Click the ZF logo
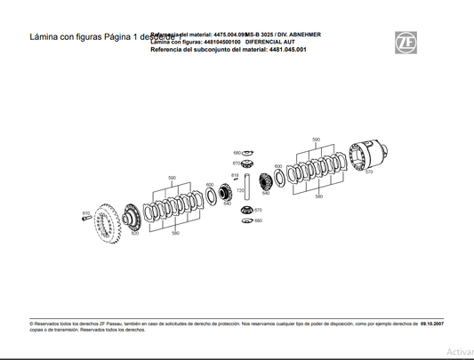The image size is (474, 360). [x=406, y=41]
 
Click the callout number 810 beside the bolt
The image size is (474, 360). [x=85, y=213]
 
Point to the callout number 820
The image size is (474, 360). [x=135, y=234]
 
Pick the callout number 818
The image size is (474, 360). [x=235, y=175]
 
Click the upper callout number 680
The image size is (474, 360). [x=237, y=153]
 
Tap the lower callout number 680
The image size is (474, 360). [x=258, y=220]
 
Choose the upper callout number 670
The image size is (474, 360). [x=237, y=164]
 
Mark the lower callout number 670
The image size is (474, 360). [x=258, y=210]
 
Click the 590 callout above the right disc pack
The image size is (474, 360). [x=316, y=140]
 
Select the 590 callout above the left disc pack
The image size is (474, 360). [x=173, y=178]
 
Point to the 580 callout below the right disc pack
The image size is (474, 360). [x=318, y=196]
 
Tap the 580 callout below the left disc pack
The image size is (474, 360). [x=175, y=234]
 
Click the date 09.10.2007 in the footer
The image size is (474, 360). [x=431, y=325]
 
